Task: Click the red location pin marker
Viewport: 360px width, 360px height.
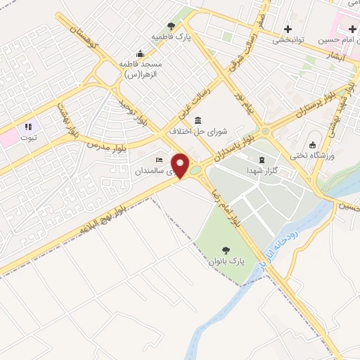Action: (181, 165)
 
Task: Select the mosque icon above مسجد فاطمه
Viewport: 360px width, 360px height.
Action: (141, 53)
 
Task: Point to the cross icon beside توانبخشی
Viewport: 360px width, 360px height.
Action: (288, 29)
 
